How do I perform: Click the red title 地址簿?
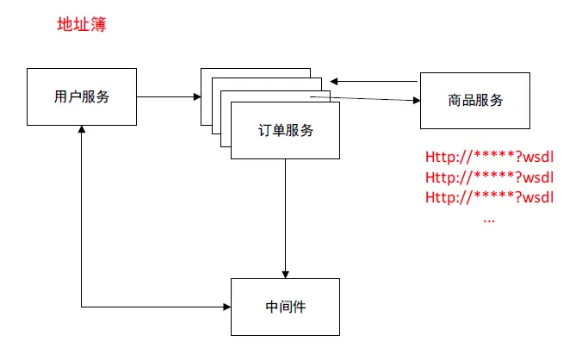tap(81, 25)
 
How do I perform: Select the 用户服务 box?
tap(82, 96)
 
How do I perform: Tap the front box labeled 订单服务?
tap(286, 131)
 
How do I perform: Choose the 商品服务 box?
tap(475, 99)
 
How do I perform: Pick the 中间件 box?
tap(285, 307)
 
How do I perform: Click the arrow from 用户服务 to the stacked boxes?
tap(168, 97)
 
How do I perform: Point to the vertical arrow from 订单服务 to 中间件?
tap(285, 215)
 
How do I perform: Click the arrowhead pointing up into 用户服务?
tap(82, 129)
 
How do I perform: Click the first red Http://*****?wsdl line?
tap(489, 158)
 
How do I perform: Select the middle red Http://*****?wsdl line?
tap(489, 177)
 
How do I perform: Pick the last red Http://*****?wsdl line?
tap(489, 197)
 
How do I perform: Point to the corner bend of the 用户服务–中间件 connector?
tap(82, 307)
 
